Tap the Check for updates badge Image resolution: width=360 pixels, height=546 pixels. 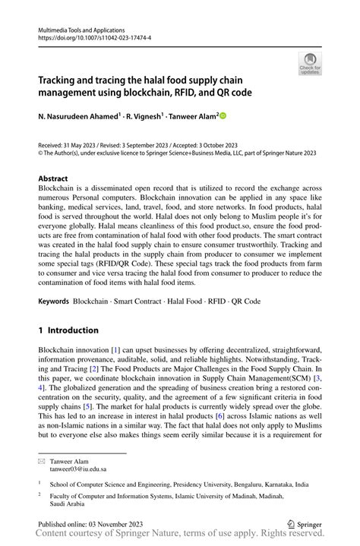click(x=310, y=65)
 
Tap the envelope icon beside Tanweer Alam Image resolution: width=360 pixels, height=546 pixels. click(x=42, y=461)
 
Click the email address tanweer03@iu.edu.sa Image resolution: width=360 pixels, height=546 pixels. click(x=83, y=469)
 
